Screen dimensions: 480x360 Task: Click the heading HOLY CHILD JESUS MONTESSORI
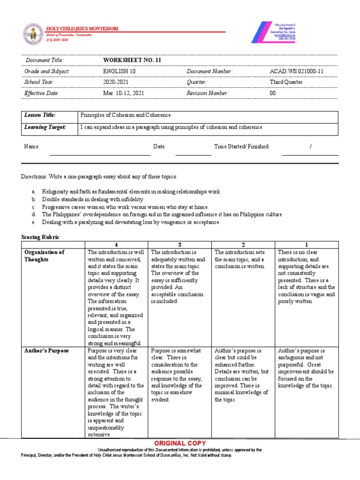click(x=82, y=29)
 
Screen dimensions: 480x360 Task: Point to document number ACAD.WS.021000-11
click(x=296, y=71)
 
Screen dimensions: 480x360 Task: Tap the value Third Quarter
click(x=286, y=82)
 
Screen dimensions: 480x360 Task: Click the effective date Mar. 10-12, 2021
click(x=124, y=93)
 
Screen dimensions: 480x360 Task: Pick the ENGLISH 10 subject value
click(x=118, y=71)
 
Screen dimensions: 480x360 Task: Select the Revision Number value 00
click(x=273, y=93)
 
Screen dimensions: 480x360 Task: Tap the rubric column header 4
click(x=116, y=244)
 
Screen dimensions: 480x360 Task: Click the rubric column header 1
click(x=307, y=244)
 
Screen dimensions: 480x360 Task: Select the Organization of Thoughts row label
click(x=44, y=256)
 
